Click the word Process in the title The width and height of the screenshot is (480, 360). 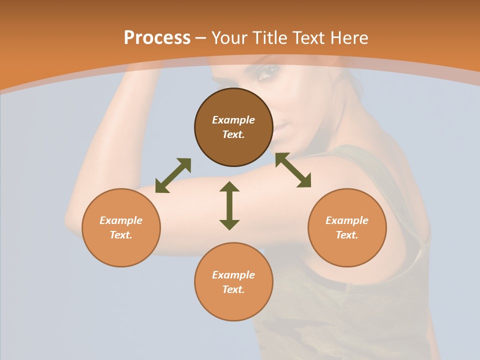click(157, 37)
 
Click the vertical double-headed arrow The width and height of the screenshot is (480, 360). click(229, 206)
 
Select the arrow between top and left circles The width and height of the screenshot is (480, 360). click(173, 175)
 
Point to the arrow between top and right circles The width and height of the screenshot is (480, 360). click(293, 170)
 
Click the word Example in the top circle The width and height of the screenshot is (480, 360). click(233, 120)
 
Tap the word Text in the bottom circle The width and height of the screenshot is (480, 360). click(233, 289)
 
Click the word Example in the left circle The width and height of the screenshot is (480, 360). click(121, 220)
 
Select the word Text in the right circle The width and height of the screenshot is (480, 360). click(347, 235)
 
